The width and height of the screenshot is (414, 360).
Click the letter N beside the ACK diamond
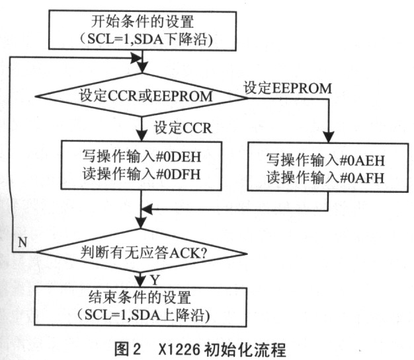tap(22, 242)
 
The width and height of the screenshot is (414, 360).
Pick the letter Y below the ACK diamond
tap(155, 280)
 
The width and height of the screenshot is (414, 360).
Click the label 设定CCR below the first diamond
tap(183, 128)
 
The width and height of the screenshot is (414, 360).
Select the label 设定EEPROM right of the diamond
tap(288, 88)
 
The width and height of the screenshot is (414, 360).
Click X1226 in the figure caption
tap(179, 350)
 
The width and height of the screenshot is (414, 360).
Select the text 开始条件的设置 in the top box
tap(143, 22)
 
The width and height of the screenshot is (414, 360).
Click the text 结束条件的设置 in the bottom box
tap(140, 297)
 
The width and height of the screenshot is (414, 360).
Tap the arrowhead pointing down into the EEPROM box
tap(329, 137)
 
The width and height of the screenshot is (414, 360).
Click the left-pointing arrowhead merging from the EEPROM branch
tap(147, 210)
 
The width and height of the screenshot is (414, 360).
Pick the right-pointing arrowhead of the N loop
tap(136, 57)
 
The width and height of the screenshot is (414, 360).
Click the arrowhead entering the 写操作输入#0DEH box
tap(142, 135)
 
